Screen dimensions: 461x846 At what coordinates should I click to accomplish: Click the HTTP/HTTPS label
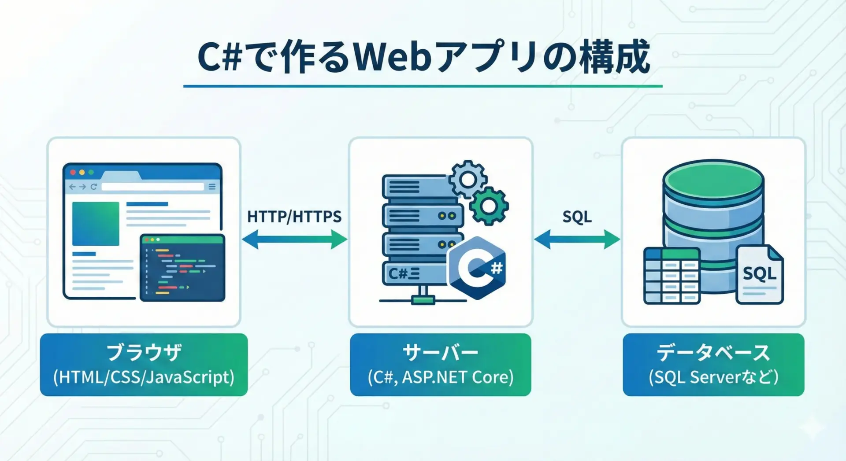click(294, 217)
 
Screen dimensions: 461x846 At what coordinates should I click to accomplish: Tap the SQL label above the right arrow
click(577, 217)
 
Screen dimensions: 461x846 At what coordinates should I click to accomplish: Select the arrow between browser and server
click(294, 240)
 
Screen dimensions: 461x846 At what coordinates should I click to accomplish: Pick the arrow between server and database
click(577, 240)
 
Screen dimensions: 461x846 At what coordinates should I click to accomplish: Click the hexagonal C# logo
click(477, 267)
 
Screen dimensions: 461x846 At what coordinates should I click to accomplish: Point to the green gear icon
click(489, 205)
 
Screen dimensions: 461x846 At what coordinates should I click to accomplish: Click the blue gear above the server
click(468, 179)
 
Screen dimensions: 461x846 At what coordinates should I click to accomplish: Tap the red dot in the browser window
click(73, 172)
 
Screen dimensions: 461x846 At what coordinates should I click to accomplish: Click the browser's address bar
click(153, 187)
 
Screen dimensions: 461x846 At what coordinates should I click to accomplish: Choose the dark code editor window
click(182, 268)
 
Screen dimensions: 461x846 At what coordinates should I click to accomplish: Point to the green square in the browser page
click(96, 224)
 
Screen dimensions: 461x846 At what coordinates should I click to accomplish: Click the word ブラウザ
click(144, 353)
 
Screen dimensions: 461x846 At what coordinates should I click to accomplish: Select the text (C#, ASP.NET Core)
click(440, 377)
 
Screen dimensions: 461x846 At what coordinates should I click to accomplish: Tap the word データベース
click(713, 353)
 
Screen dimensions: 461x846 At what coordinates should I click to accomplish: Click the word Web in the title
click(392, 57)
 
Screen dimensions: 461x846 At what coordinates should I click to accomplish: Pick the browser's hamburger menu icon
click(212, 187)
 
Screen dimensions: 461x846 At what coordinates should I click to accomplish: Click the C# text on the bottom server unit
click(398, 274)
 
